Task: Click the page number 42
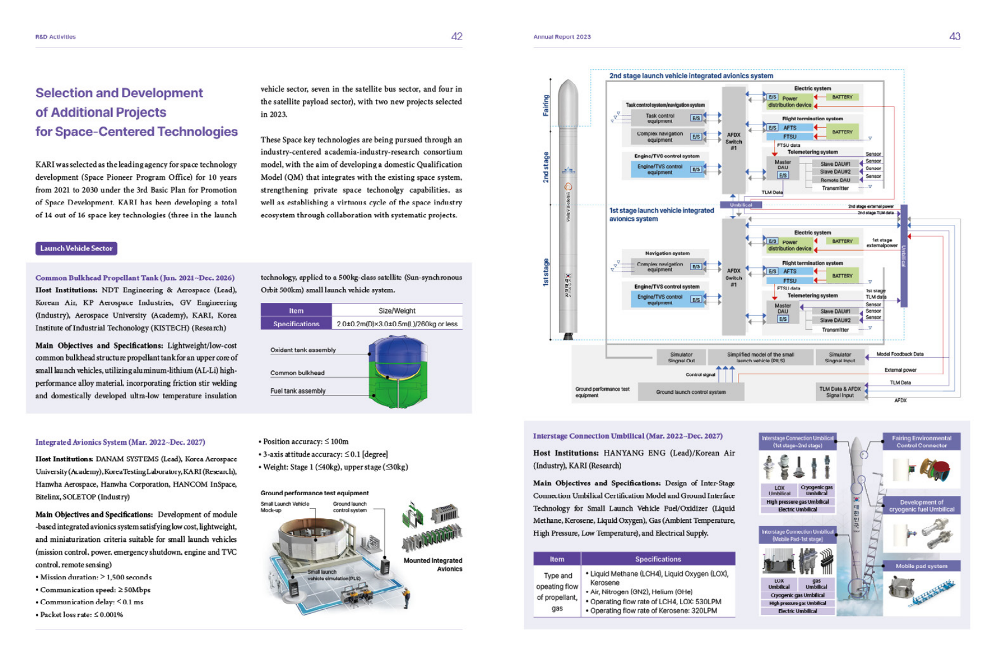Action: tap(456, 37)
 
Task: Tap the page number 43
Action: tap(954, 37)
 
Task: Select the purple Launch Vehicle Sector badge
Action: tap(76, 248)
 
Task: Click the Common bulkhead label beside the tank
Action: tap(297, 373)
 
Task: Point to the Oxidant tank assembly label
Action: tap(303, 350)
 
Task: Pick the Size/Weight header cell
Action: tap(397, 311)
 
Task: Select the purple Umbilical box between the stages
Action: tap(741, 205)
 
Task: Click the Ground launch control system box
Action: tap(690, 392)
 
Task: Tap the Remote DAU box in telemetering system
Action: tap(835, 180)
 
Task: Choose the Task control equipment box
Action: tap(660, 118)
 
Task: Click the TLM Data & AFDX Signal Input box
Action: tap(839, 392)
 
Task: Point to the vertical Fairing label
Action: tap(546, 105)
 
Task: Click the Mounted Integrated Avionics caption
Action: tap(433, 565)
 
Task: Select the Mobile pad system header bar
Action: tap(921, 566)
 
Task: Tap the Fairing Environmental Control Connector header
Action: tap(921, 441)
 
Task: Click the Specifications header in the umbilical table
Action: tap(657, 559)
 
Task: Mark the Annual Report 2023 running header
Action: tap(562, 37)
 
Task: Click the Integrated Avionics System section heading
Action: tap(120, 442)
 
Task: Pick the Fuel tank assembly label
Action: tap(298, 391)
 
